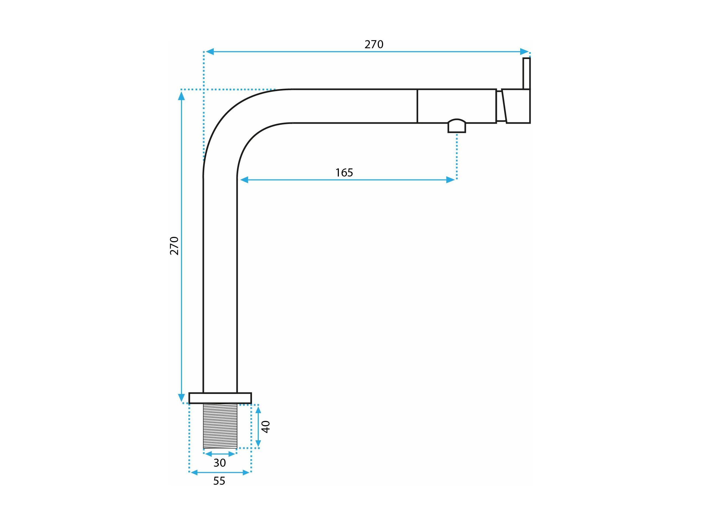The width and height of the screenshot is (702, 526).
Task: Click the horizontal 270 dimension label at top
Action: click(374, 44)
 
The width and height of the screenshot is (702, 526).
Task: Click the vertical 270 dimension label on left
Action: click(174, 246)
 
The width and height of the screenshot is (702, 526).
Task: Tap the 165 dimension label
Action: click(344, 172)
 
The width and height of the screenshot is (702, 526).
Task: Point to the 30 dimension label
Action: click(220, 463)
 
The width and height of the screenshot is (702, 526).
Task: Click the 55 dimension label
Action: click(219, 481)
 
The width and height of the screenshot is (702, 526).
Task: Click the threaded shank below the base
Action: click(220, 426)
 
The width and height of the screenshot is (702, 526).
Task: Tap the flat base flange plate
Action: click(220, 398)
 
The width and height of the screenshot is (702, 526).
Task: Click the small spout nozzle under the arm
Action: click(457, 126)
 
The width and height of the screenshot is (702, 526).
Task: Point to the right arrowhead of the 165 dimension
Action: click(451, 180)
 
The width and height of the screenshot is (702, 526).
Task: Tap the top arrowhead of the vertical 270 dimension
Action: click(182, 96)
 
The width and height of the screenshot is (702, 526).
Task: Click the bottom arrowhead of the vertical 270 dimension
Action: click(182, 397)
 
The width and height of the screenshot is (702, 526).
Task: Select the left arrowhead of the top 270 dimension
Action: click(210, 52)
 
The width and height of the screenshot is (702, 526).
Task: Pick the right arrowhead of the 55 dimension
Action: click(246, 473)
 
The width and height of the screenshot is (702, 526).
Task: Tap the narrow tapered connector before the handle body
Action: click(501, 106)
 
